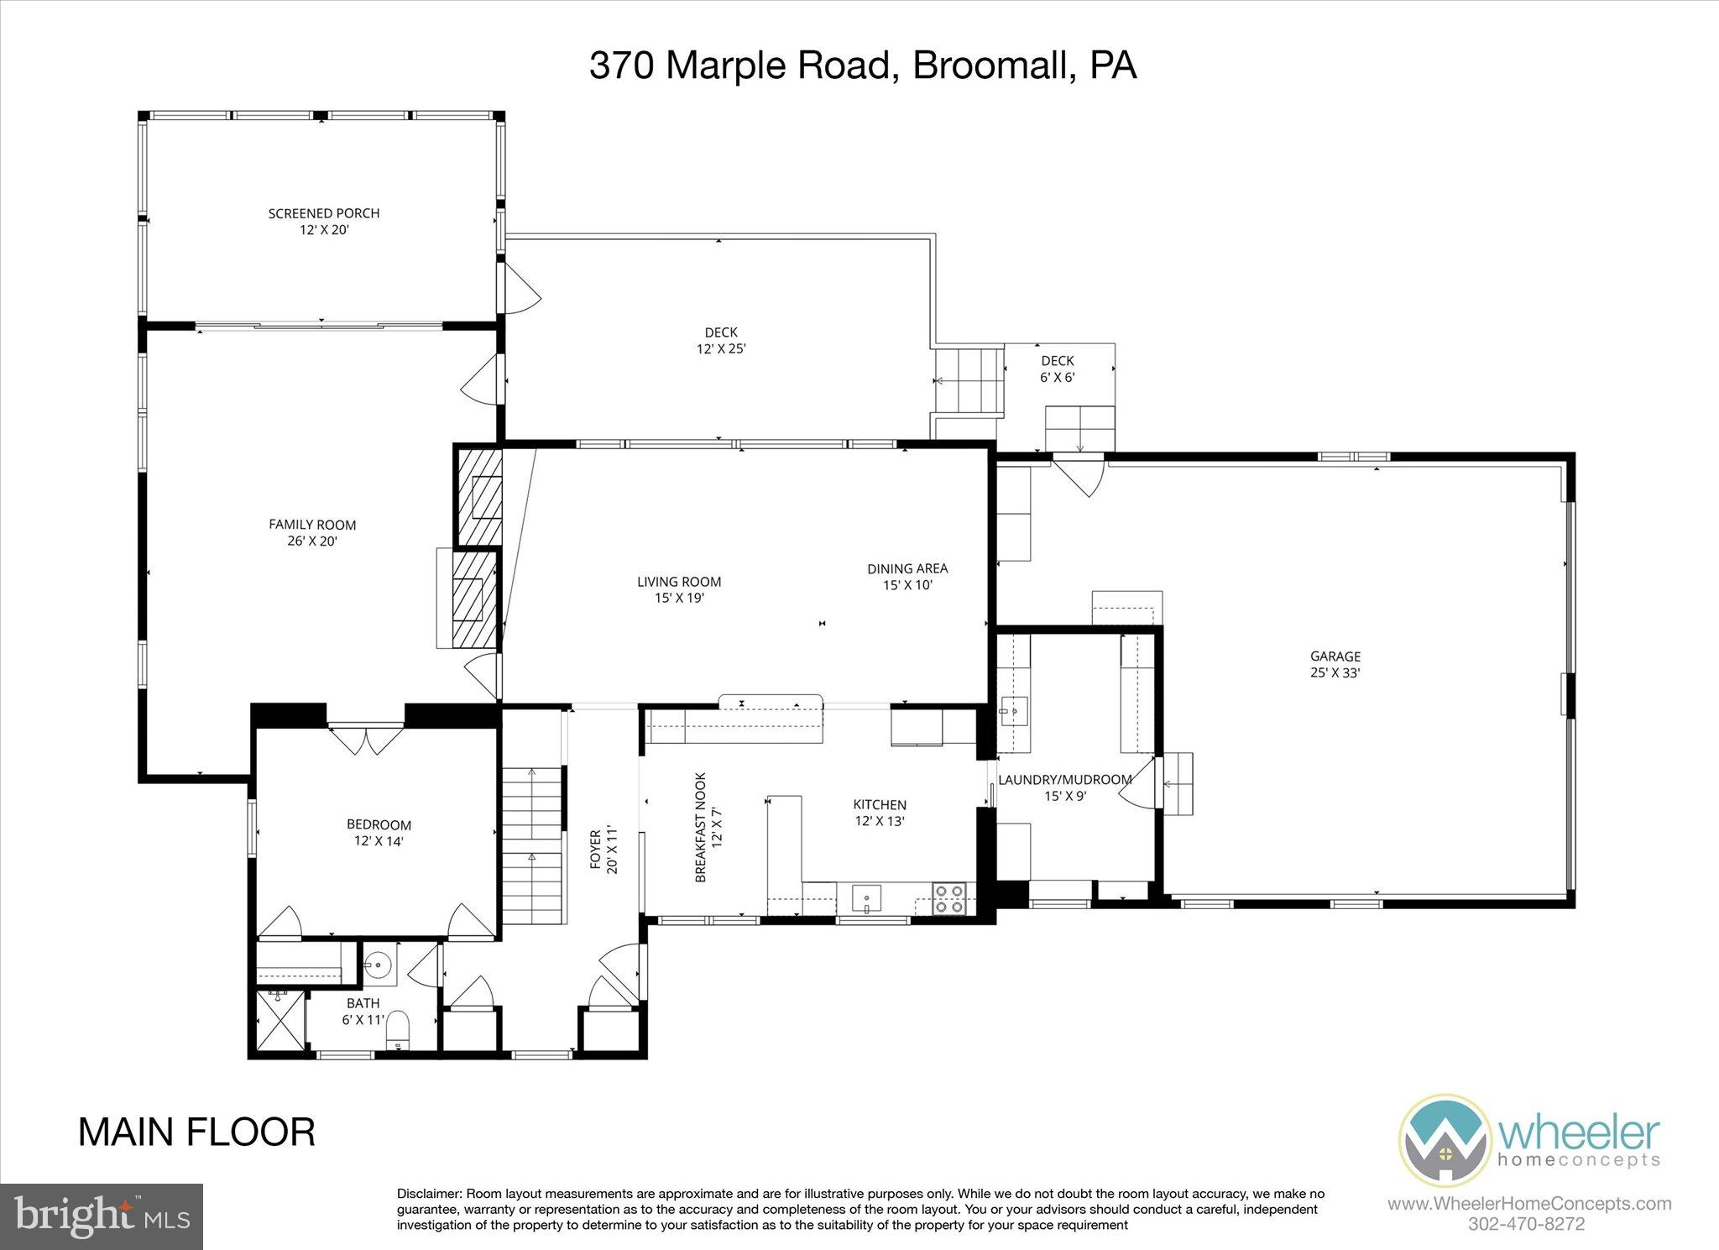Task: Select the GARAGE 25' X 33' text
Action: [1335, 665]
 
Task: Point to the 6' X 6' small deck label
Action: [1058, 369]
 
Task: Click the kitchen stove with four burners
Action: [950, 898]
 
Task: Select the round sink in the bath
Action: [379, 965]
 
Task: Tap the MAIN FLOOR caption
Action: [196, 1132]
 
